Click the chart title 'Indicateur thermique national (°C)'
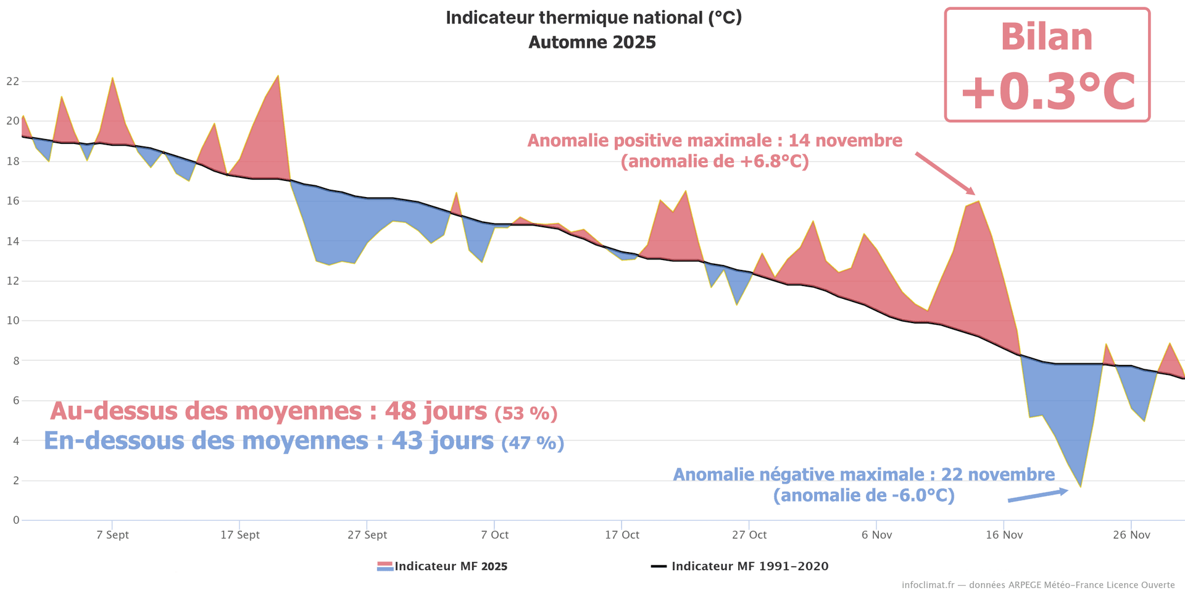[593, 18]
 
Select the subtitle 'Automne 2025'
[592, 43]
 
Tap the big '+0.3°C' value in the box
[1047, 92]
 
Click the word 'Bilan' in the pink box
[1047, 37]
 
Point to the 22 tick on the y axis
[12, 81]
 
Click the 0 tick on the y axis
[16, 520]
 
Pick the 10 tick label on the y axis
[12, 320]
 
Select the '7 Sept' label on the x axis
[112, 535]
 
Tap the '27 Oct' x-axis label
[749, 535]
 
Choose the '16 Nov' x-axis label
[1004, 535]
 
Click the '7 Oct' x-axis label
[495, 535]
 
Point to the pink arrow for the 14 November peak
[944, 173]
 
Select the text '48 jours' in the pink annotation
[436, 411]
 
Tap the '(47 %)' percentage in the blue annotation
[533, 443]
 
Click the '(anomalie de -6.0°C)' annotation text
[863, 495]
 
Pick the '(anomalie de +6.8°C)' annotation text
[715, 162]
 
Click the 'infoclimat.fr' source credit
[928, 585]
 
